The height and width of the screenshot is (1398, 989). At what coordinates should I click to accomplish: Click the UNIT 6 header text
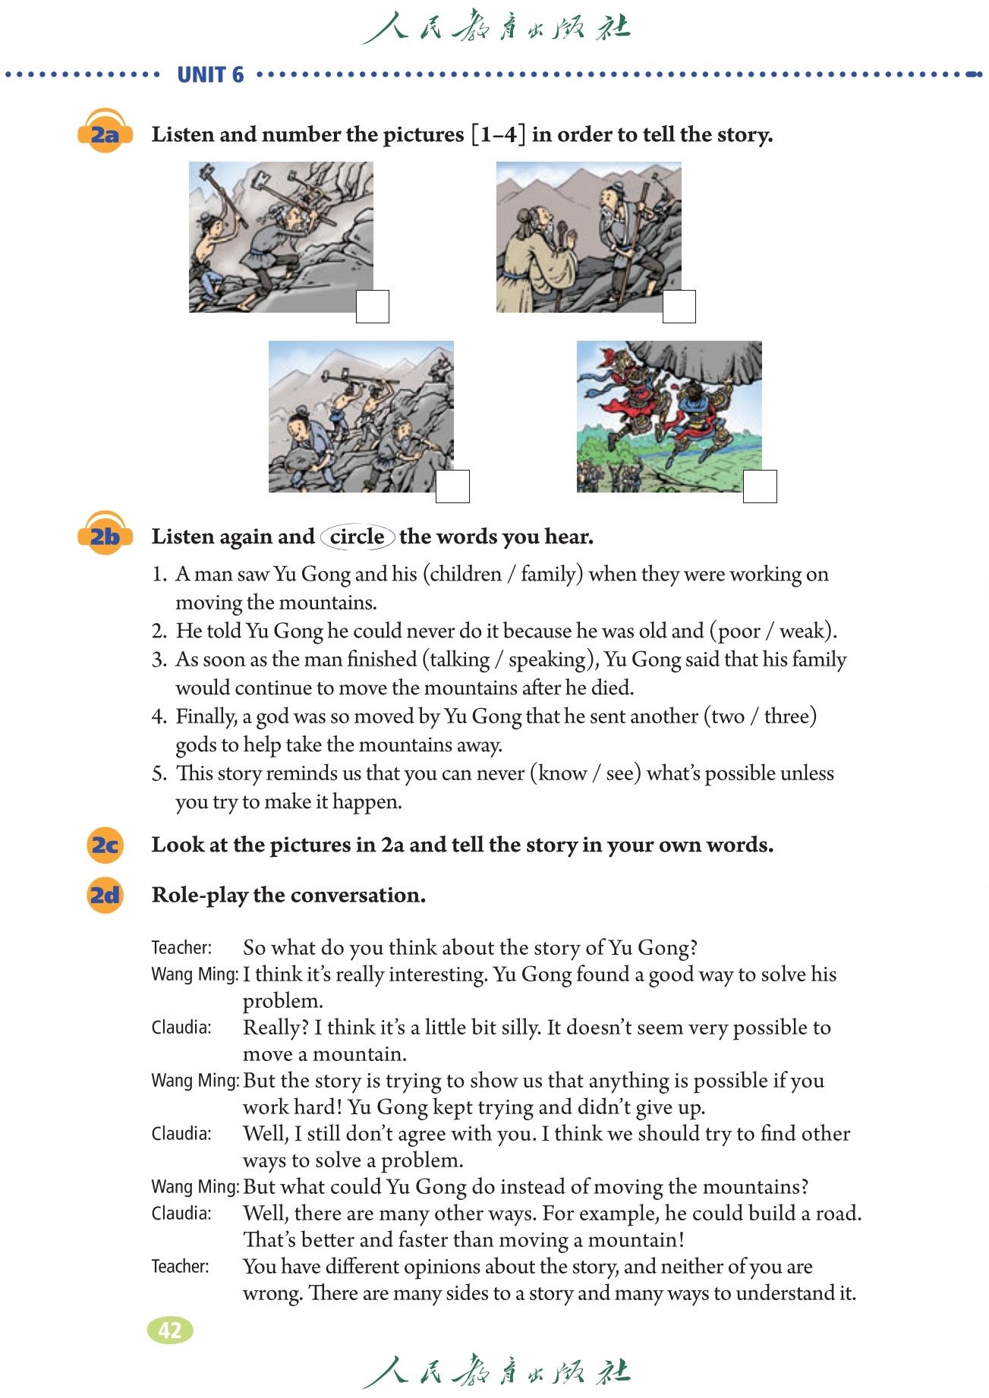coord(210,74)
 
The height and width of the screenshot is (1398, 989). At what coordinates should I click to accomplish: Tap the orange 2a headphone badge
coord(105,134)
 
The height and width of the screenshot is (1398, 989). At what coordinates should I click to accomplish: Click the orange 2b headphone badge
coord(105,536)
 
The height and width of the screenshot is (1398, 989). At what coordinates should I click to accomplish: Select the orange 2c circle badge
coord(105,845)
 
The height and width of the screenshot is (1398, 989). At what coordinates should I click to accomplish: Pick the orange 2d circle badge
coord(105,895)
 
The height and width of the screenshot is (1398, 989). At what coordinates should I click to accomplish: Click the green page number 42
coord(170,1330)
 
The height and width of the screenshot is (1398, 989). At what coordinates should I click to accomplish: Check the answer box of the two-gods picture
coord(760,486)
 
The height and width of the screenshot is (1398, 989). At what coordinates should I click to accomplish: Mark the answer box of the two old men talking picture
coord(679,307)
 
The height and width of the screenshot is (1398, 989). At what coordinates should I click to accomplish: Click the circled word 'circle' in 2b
coord(357,537)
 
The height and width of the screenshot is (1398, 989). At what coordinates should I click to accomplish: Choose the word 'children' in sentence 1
coord(466,574)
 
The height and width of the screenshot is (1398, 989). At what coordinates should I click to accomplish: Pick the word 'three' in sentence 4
coord(787,716)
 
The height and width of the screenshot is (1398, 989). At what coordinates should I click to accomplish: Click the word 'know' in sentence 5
coord(562,773)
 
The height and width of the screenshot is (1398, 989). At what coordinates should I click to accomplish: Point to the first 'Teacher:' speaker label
coord(181,948)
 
